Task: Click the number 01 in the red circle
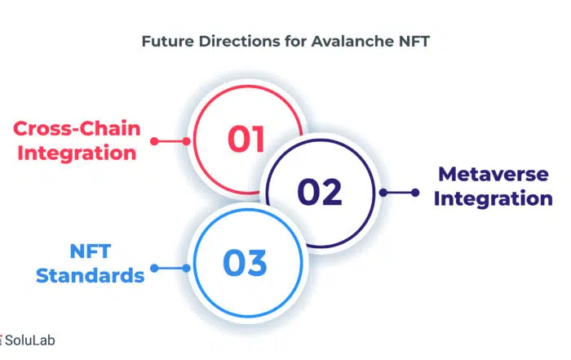coord(246,139)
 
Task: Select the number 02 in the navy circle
coord(320,192)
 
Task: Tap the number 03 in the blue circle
coord(245,262)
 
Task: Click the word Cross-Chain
coord(77,129)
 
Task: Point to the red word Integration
coord(77,153)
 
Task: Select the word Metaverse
coord(494,174)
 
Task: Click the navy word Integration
coord(494,198)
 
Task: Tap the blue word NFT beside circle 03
coord(91,251)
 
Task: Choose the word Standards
coord(91,275)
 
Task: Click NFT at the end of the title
coord(414,41)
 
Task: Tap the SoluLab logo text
coord(30,340)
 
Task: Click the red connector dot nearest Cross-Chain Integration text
coord(154,141)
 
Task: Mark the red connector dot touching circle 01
coord(186,141)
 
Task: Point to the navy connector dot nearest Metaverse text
coord(415,193)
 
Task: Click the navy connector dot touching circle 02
coord(383,193)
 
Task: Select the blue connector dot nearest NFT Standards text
coord(154,269)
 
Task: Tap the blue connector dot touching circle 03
coord(186,269)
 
